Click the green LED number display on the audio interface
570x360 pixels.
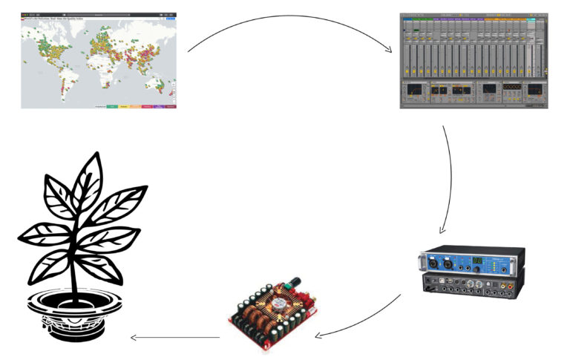point(477,261)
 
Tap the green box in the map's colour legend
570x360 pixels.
point(111,107)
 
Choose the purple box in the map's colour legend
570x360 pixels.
point(157,107)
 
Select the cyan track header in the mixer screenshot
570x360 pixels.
point(531,20)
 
